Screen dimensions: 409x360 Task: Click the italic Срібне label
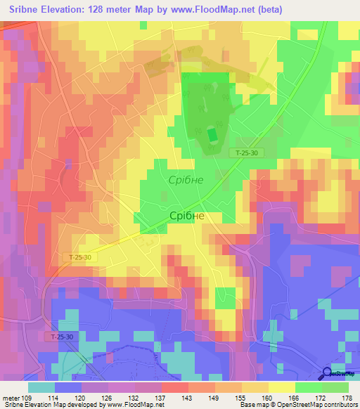[x=186, y=180]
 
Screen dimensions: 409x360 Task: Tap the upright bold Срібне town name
[x=187, y=216]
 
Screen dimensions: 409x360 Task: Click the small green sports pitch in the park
[x=212, y=134]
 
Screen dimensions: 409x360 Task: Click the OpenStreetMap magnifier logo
[x=328, y=372]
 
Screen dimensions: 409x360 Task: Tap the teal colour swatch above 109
[x=41, y=387]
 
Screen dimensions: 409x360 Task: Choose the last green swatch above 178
[x=335, y=387]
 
